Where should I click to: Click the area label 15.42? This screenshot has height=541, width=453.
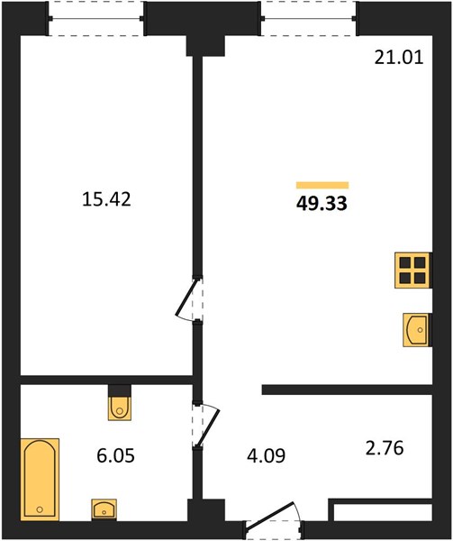pyautogui.click(x=106, y=199)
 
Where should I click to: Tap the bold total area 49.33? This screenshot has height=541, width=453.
pyautogui.click(x=322, y=204)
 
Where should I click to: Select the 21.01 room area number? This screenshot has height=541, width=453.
pyautogui.click(x=399, y=58)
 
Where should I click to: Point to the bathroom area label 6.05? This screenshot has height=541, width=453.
pyautogui.click(x=115, y=455)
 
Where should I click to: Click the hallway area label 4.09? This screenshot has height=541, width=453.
pyautogui.click(x=267, y=455)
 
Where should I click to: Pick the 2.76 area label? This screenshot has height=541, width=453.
pyautogui.click(x=384, y=448)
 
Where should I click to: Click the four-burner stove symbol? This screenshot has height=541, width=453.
pyautogui.click(x=412, y=270)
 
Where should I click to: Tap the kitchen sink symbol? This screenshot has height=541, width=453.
pyautogui.click(x=416, y=329)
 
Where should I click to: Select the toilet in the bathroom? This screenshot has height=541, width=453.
pyautogui.click(x=120, y=408)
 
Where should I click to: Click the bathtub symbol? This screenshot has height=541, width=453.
pyautogui.click(x=40, y=480)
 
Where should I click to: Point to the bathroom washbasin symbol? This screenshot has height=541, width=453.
pyautogui.click(x=104, y=509)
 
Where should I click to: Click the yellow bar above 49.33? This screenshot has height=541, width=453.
pyautogui.click(x=322, y=185)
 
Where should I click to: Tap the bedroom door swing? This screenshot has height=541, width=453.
pyautogui.click(x=187, y=298)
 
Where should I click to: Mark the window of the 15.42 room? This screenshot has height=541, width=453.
pyautogui.click(x=96, y=18)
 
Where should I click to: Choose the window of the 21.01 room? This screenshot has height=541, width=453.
pyautogui.click(x=309, y=18)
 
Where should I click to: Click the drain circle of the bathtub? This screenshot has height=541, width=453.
pyautogui.click(x=40, y=509)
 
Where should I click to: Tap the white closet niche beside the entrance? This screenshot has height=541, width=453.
pyautogui.click(x=383, y=512)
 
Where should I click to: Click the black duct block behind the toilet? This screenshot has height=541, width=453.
pyautogui.click(x=120, y=391)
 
